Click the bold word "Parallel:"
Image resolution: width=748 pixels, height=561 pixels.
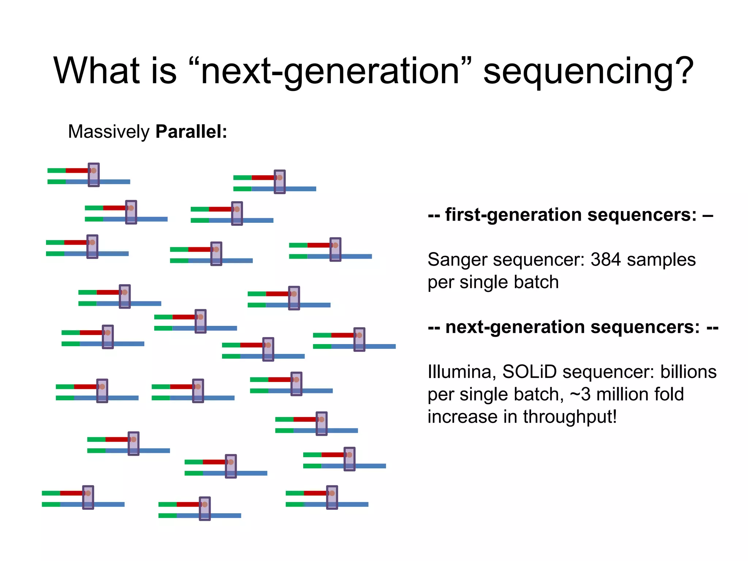click(191, 131)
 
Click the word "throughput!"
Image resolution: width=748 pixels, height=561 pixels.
click(570, 417)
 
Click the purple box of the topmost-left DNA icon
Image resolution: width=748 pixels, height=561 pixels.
click(94, 175)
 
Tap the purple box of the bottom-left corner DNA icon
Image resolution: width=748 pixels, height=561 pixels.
click(88, 497)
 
